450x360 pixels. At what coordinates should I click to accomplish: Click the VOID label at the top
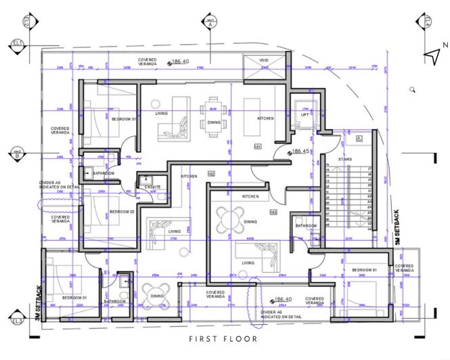coord(264,60)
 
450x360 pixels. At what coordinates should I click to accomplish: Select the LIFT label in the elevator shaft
coord(305,114)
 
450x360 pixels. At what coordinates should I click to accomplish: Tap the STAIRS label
coord(344,158)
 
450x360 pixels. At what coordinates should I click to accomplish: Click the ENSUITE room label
coord(153,187)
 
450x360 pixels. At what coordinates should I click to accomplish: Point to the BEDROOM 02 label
coord(122,212)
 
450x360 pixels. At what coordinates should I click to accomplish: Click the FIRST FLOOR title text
coord(223,339)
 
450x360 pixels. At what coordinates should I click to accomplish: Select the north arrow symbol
coord(432,55)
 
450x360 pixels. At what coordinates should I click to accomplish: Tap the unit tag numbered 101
coord(257,146)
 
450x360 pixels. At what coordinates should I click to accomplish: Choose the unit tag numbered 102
coord(211,173)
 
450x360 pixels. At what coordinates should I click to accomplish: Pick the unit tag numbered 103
coord(273,212)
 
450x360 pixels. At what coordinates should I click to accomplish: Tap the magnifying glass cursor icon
coord(412,89)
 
